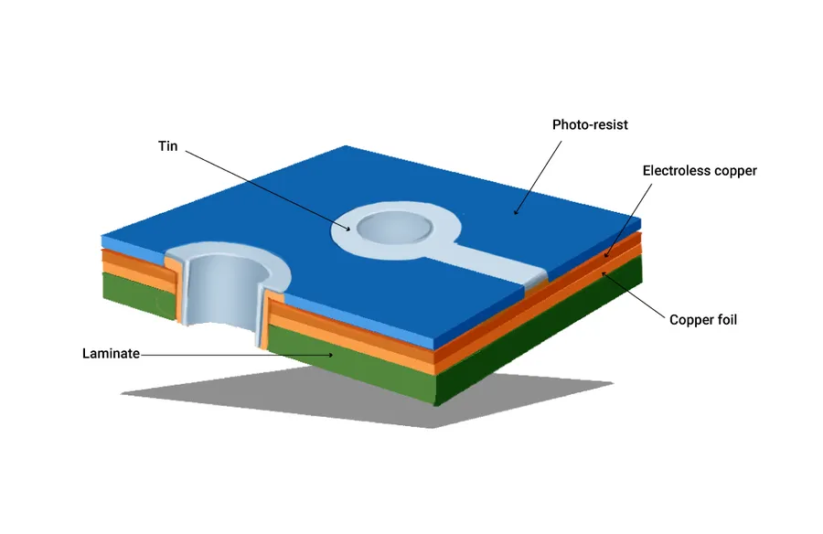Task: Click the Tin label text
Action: pos(168,146)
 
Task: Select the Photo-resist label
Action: pos(590,125)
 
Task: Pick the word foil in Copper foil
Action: pos(727,320)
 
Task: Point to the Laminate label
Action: pos(111,353)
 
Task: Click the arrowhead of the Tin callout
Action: pos(347,229)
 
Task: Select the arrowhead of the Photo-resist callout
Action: pos(516,211)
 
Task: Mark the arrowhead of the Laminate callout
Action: pos(330,356)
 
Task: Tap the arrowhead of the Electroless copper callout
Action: pos(605,255)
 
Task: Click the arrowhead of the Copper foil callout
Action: pos(604,273)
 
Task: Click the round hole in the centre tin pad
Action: pos(395,229)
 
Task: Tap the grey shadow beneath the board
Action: pos(368,397)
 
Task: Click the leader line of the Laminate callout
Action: pos(237,355)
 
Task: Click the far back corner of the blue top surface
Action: pos(346,146)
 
